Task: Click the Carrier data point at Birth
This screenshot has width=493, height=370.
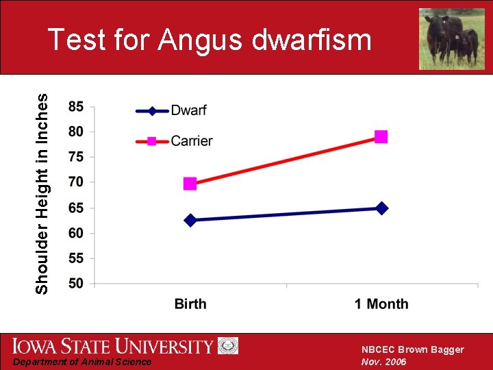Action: click(x=190, y=184)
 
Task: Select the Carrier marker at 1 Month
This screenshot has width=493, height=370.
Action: click(x=381, y=137)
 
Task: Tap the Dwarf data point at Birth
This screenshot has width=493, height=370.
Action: click(x=190, y=220)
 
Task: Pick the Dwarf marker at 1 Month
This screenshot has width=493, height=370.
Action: click(x=382, y=208)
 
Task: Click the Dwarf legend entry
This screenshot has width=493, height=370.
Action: click(x=188, y=110)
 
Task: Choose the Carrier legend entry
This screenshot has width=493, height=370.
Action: click(x=191, y=141)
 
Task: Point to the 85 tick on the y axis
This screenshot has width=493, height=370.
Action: click(x=76, y=107)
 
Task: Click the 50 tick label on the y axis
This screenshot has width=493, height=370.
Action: click(x=76, y=283)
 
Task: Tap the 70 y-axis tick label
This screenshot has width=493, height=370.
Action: click(x=76, y=182)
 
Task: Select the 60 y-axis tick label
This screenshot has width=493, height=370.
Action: click(x=76, y=233)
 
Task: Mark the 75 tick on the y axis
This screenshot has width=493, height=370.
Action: click(x=76, y=157)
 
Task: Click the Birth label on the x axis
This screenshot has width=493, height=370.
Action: click(x=190, y=304)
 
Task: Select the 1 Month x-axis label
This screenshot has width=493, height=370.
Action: click(x=381, y=304)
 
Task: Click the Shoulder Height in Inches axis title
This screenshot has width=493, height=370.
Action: click(x=42, y=194)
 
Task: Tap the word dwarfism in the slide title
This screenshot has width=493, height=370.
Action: click(x=312, y=40)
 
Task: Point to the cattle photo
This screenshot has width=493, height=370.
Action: click(x=451, y=39)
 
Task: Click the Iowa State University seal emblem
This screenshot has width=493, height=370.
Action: click(x=228, y=345)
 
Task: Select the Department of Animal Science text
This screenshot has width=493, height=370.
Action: click(x=83, y=362)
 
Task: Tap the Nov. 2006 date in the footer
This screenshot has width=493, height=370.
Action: click(x=383, y=362)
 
